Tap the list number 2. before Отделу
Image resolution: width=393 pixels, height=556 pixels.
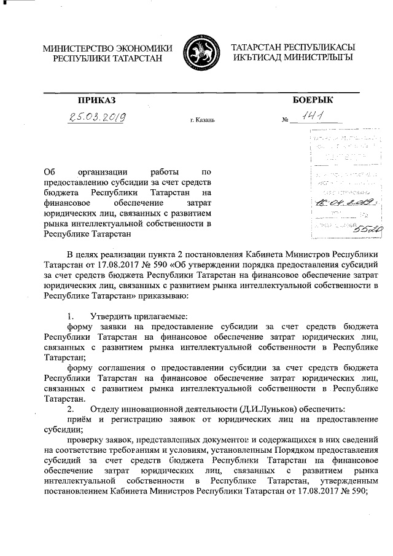(x=71, y=409)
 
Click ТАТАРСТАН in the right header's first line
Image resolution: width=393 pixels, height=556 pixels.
(x=259, y=48)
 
